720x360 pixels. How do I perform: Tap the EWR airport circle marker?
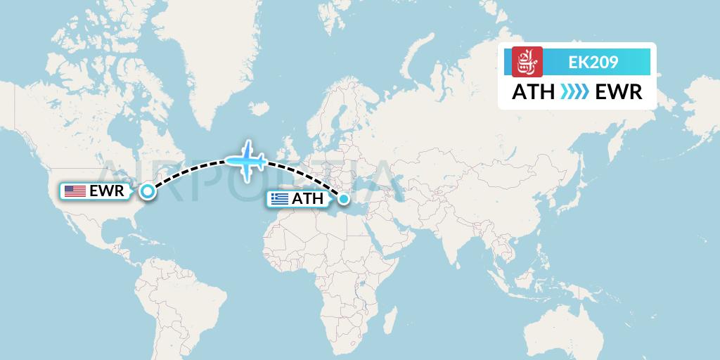pos(147,191)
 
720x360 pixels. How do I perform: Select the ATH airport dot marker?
pos(344,200)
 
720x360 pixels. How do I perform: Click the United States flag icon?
pos(75,191)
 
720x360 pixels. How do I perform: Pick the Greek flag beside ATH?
pos(280,199)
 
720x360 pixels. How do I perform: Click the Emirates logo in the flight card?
pos(527,62)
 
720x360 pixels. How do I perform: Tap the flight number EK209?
pos(593,63)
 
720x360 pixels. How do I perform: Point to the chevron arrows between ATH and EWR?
pos(574,92)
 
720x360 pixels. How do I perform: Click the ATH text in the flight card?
pos(533,92)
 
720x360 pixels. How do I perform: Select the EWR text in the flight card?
pos(619,92)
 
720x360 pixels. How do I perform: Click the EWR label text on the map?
pos(107,191)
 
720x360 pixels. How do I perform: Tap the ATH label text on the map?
pos(307,199)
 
